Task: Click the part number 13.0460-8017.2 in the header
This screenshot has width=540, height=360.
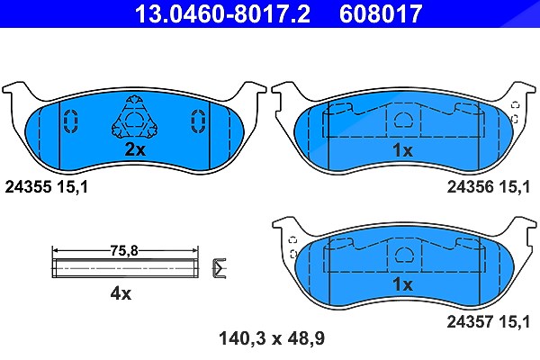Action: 222,13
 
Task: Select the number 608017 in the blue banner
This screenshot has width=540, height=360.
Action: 381,13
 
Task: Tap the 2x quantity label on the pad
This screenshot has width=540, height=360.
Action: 135,149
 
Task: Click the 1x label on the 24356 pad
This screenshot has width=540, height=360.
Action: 402,150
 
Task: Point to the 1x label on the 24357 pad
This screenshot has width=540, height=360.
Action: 402,284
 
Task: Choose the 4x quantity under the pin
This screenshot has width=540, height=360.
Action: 121,294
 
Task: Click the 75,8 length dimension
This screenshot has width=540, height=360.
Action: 124,250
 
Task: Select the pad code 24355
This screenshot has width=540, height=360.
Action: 28,187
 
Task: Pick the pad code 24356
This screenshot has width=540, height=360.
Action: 471,187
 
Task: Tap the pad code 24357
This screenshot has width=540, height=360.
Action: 471,322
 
